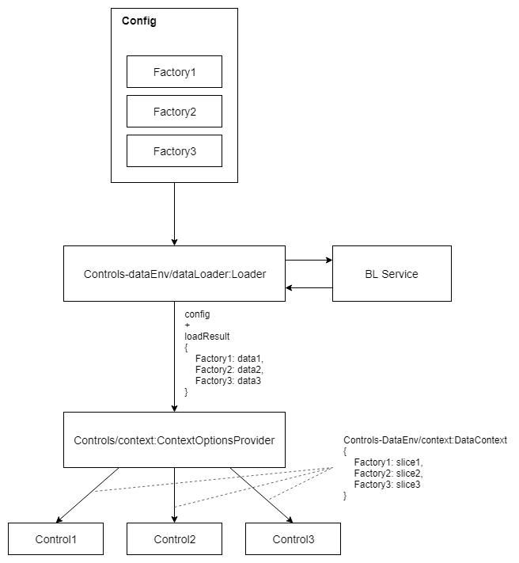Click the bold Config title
pyautogui.click(x=139, y=21)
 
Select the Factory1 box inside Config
pyautogui.click(x=174, y=72)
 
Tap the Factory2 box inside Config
pyautogui.click(x=174, y=112)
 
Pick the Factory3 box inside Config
pyautogui.click(x=174, y=150)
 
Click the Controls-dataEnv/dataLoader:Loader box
pyautogui.click(x=174, y=274)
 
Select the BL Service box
pyautogui.click(x=392, y=274)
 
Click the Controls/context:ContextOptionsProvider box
pyautogui.click(x=174, y=439)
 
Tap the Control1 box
pyautogui.click(x=55, y=539)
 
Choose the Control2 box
pyautogui.click(x=174, y=539)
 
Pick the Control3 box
pyautogui.click(x=293, y=539)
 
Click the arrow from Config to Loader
pyautogui.click(x=174, y=214)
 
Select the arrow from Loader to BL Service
pyautogui.click(x=309, y=260)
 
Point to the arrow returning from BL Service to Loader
pyautogui.click(x=309, y=287)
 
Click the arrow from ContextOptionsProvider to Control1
pyautogui.click(x=87, y=495)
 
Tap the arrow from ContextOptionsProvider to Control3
pyautogui.click(x=261, y=495)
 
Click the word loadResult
pyautogui.click(x=207, y=337)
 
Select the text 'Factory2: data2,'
pyautogui.click(x=229, y=370)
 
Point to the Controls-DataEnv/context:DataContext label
pyautogui.click(x=426, y=439)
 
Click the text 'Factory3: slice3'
pyautogui.click(x=387, y=485)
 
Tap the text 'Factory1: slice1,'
pyautogui.click(x=388, y=462)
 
